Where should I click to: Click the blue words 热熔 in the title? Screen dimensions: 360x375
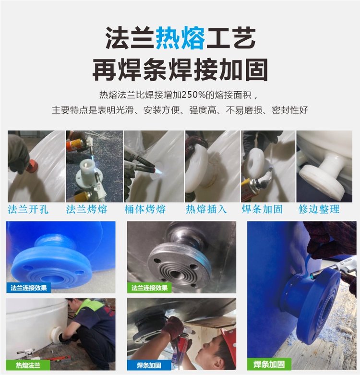click(180, 38)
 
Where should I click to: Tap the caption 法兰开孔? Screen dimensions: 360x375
click(28, 209)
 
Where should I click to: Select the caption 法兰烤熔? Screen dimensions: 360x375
click(87, 209)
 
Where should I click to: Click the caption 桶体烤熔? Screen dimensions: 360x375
click(145, 209)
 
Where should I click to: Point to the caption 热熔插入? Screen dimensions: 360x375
click(206, 209)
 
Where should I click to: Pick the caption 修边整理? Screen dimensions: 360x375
click(319, 209)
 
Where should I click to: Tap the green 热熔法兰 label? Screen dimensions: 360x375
click(28, 365)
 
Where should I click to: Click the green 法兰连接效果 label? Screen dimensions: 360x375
click(149, 288)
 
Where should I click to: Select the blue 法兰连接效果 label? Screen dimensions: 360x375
click(29, 288)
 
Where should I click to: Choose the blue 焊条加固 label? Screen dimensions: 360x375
click(149, 365)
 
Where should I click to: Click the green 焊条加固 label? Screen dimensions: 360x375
click(269, 364)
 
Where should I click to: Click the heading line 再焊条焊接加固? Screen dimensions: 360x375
click(180, 70)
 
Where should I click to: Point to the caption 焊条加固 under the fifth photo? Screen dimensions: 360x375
click(262, 209)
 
